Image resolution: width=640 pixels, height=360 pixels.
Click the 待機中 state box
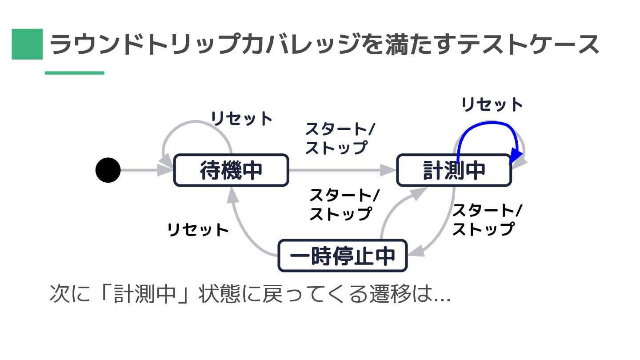tap(231, 170)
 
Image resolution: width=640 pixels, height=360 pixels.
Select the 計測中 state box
tap(453, 170)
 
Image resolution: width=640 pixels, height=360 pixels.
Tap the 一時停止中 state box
tap(342, 256)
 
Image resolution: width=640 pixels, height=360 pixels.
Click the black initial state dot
tap(108, 170)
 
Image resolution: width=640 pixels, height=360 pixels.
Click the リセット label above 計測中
tap(492, 105)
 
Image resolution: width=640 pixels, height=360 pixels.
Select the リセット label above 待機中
tap(241, 119)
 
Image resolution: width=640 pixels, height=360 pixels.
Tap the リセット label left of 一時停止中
tap(198, 230)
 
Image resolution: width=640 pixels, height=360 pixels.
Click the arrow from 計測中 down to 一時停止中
tap(447, 227)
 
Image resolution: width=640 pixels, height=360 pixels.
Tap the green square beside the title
tap(27, 44)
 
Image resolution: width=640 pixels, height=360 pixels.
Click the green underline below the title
tap(74, 73)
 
